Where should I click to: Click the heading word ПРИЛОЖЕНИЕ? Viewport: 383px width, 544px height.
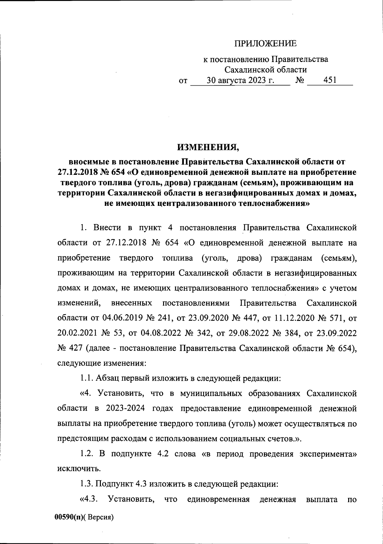(266, 43)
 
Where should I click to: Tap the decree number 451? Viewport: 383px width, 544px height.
(330, 80)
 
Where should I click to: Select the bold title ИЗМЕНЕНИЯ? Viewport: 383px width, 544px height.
(208, 147)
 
